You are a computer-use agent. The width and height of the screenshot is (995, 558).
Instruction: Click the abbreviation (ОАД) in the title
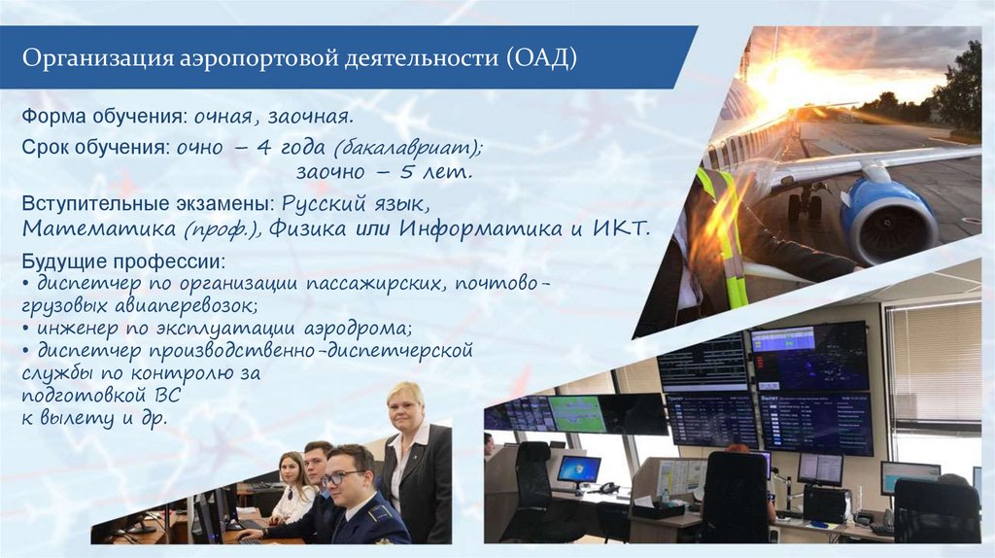pyautogui.click(x=542, y=57)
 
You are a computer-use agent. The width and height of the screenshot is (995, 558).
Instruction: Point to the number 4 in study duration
pyautogui.click(x=264, y=147)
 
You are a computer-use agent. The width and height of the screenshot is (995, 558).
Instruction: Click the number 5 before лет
pyautogui.click(x=407, y=171)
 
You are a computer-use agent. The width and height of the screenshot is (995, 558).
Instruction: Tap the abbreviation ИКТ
pyautogui.click(x=622, y=227)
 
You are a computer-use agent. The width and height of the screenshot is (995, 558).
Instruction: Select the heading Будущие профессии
pyautogui.click(x=123, y=261)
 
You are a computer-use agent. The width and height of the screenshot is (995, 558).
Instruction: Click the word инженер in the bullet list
pyautogui.click(x=78, y=329)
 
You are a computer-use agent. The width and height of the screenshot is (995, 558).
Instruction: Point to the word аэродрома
pyautogui.click(x=359, y=329)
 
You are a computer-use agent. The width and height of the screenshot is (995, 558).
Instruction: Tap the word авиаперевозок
pyautogui.click(x=187, y=306)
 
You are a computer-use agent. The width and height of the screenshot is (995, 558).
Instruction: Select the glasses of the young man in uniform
pyautogui.click(x=343, y=476)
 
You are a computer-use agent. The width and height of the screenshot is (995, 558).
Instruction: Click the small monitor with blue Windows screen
pyautogui.click(x=578, y=470)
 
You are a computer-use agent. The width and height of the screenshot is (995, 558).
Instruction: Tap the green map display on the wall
pyautogui.click(x=577, y=414)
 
